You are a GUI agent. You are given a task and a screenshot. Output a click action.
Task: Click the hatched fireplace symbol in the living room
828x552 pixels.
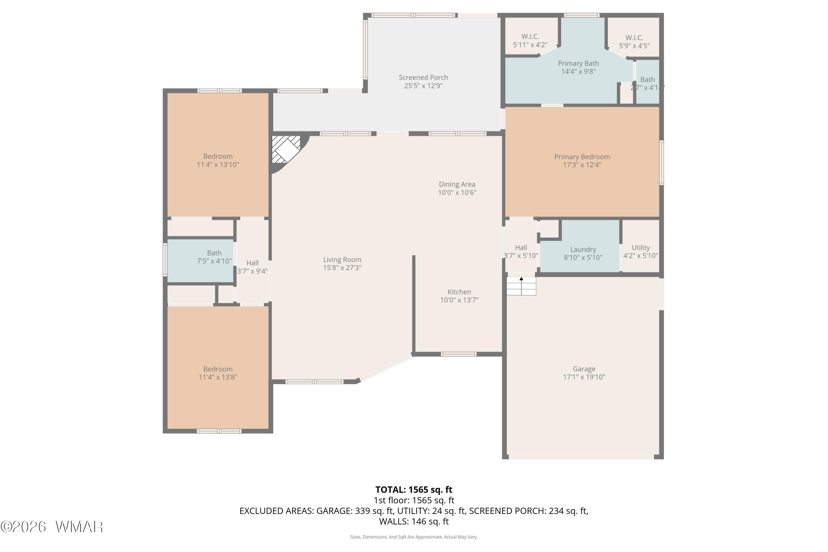tap(286, 149)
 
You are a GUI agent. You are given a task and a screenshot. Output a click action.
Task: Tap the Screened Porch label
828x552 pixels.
tap(423, 78)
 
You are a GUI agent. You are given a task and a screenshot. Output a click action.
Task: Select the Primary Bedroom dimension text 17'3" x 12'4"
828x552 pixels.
tap(582, 165)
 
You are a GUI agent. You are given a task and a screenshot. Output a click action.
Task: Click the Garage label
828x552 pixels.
tap(584, 369)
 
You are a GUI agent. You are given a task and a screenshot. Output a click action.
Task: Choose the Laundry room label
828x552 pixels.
tap(583, 250)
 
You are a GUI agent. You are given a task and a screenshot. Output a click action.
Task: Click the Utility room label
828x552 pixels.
tap(640, 248)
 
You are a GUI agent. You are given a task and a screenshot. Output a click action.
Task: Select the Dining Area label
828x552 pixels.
tap(457, 184)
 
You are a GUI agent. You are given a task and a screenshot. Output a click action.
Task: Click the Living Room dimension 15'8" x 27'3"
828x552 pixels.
tap(342, 267)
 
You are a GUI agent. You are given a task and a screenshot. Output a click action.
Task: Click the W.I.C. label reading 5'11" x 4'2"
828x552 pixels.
tap(530, 45)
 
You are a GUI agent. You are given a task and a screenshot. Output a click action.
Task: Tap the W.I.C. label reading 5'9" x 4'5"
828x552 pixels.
tap(634, 46)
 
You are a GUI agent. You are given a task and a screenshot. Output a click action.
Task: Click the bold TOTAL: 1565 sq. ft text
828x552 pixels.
tap(414, 490)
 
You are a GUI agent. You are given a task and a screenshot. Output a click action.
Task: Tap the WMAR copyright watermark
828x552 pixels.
tap(52, 527)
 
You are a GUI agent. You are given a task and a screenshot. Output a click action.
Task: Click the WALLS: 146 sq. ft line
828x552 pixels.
tap(414, 521)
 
